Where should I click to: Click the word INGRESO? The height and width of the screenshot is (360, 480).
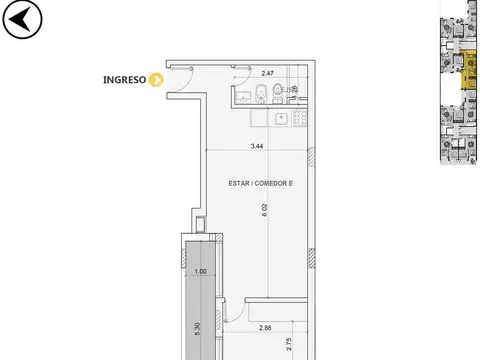(x=125, y=81)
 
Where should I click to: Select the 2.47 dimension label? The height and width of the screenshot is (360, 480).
(x=267, y=74)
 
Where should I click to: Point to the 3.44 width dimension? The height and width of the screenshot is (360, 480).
(x=259, y=147)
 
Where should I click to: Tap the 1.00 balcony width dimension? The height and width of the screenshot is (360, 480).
(x=200, y=271)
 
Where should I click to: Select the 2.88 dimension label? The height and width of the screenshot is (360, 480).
(x=266, y=328)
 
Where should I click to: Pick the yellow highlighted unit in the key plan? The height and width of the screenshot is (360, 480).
(x=466, y=73)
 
